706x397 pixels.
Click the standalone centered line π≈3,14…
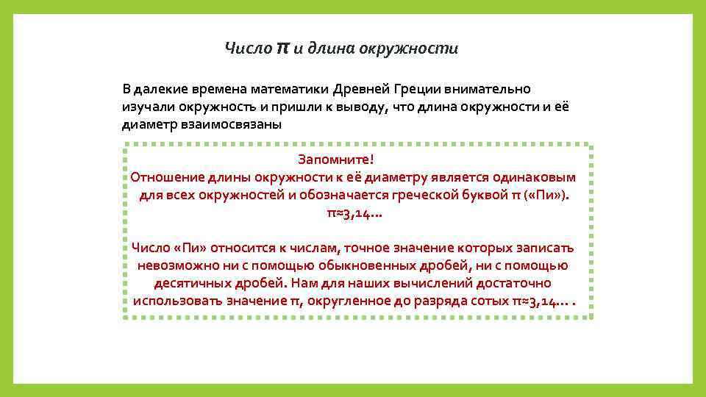click(x=354, y=214)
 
